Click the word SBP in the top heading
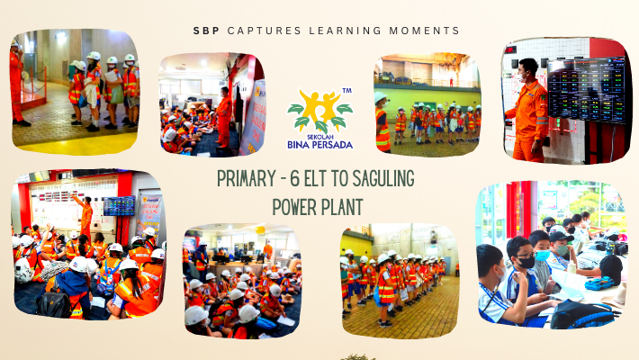pyautogui.click(x=206, y=31)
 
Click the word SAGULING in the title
pyautogui.click(x=383, y=178)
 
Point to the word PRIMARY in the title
pyautogui.click(x=246, y=178)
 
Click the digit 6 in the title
pyautogui.click(x=294, y=178)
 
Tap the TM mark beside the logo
pyautogui.click(x=346, y=91)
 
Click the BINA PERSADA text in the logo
pyautogui.click(x=319, y=145)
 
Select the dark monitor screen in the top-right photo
pyautogui.click(x=587, y=91)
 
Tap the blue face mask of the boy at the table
pyautogui.click(x=543, y=256)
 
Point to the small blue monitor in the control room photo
pyautogui.click(x=119, y=206)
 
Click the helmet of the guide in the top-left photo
pyautogui.click(x=14, y=43)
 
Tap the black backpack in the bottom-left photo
pyautogui.click(x=54, y=302)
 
